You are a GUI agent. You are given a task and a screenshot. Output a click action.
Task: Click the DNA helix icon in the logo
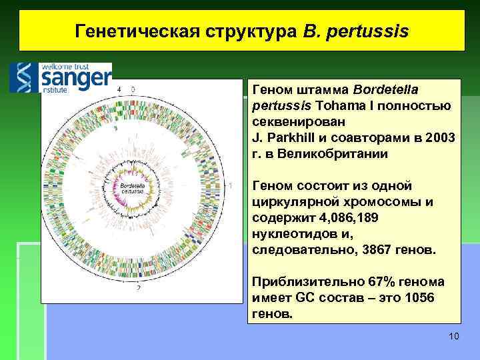click(24, 77)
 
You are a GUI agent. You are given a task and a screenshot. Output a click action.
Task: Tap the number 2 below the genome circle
click(138, 289)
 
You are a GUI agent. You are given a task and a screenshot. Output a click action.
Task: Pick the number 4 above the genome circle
click(119, 89)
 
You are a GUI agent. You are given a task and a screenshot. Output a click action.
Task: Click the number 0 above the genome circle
click(133, 89)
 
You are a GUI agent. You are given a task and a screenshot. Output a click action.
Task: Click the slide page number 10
click(454, 335)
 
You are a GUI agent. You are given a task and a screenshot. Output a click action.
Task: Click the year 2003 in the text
click(441, 138)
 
